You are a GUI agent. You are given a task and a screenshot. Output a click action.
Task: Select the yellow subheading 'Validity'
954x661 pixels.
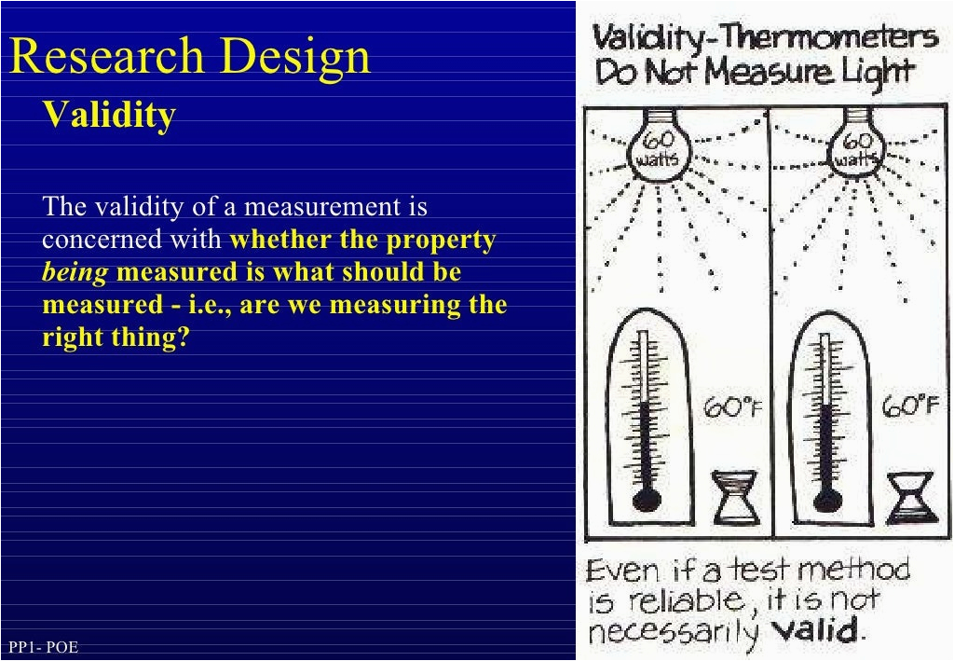click(110, 115)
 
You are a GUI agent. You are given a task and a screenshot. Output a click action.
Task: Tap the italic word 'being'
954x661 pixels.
click(75, 272)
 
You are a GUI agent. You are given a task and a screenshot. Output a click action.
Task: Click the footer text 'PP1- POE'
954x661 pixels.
click(43, 646)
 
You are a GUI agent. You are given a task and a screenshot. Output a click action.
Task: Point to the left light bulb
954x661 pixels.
click(659, 145)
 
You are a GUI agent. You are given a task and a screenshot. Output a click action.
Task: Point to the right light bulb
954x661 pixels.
click(858, 145)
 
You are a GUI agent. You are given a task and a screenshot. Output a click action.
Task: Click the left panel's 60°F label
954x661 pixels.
click(732, 406)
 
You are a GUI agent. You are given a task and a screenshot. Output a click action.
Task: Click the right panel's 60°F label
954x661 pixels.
click(911, 406)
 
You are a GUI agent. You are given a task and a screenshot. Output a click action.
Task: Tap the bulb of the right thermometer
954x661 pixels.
click(827, 499)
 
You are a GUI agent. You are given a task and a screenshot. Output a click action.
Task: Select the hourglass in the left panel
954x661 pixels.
click(734, 497)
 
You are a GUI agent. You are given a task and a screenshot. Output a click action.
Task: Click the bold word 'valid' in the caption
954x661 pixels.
click(818, 630)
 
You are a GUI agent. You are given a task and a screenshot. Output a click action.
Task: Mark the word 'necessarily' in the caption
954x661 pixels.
click(673, 632)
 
